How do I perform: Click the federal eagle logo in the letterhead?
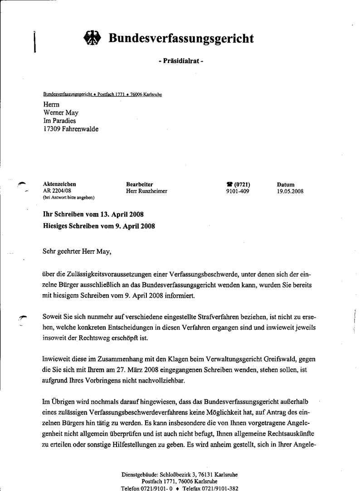click(x=92, y=39)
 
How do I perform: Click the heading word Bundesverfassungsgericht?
click(x=181, y=39)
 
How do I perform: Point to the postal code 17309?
click(x=52, y=129)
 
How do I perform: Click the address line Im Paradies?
click(x=60, y=121)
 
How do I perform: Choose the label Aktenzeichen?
click(x=59, y=185)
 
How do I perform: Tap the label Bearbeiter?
click(x=139, y=185)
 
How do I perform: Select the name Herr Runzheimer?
click(x=146, y=191)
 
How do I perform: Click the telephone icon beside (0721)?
click(x=229, y=185)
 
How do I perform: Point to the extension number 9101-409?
click(x=238, y=191)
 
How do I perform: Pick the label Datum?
click(x=285, y=185)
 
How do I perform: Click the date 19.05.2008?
click(x=290, y=191)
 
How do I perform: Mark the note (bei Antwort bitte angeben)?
click(x=68, y=198)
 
